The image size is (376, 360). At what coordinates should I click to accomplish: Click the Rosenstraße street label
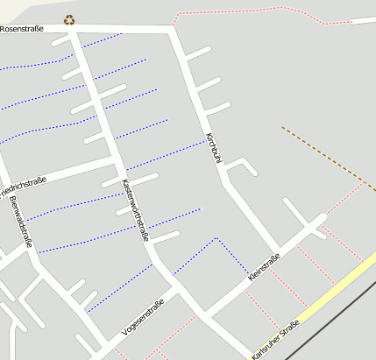(x=22, y=29)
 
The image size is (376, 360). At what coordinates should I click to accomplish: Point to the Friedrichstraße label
(x=21, y=185)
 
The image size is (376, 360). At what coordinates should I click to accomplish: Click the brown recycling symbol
(x=69, y=19)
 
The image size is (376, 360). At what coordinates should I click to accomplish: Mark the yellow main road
(x=337, y=288)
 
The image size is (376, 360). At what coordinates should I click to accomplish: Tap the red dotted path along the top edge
(x=263, y=11)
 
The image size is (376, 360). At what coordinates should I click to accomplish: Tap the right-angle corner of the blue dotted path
(x=216, y=237)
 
